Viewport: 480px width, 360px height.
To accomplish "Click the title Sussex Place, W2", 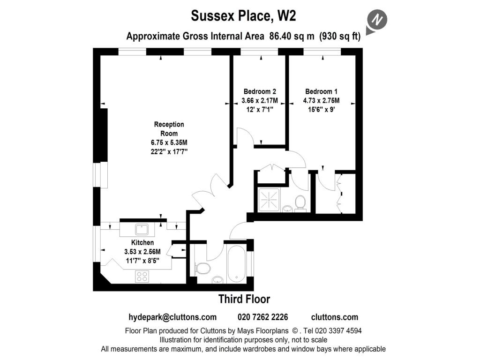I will pyautogui.click(x=243, y=16).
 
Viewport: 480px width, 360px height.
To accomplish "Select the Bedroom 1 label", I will pyautogui.click(x=321, y=91).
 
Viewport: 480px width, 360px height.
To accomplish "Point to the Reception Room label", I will pyautogui.click(x=169, y=129).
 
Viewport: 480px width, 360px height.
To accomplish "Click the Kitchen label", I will pyautogui.click(x=142, y=243).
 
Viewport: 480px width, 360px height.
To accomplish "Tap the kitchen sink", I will pyautogui.click(x=142, y=229).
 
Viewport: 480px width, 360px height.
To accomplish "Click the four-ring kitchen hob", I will pyautogui.click(x=142, y=276).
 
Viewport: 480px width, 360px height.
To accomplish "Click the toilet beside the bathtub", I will pyautogui.click(x=202, y=268).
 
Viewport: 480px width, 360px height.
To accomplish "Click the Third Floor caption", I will pyautogui.click(x=244, y=299).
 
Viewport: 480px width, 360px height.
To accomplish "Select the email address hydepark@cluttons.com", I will pyautogui.click(x=172, y=317).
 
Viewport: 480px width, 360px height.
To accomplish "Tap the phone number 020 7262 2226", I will pyautogui.click(x=263, y=317).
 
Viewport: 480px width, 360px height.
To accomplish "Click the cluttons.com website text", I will pyautogui.click(x=334, y=317).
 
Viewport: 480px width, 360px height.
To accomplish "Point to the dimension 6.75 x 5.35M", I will pyautogui.click(x=169, y=142).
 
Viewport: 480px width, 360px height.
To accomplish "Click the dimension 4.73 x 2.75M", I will pyautogui.click(x=321, y=100).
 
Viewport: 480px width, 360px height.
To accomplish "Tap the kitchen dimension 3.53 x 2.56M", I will pyautogui.click(x=142, y=252).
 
